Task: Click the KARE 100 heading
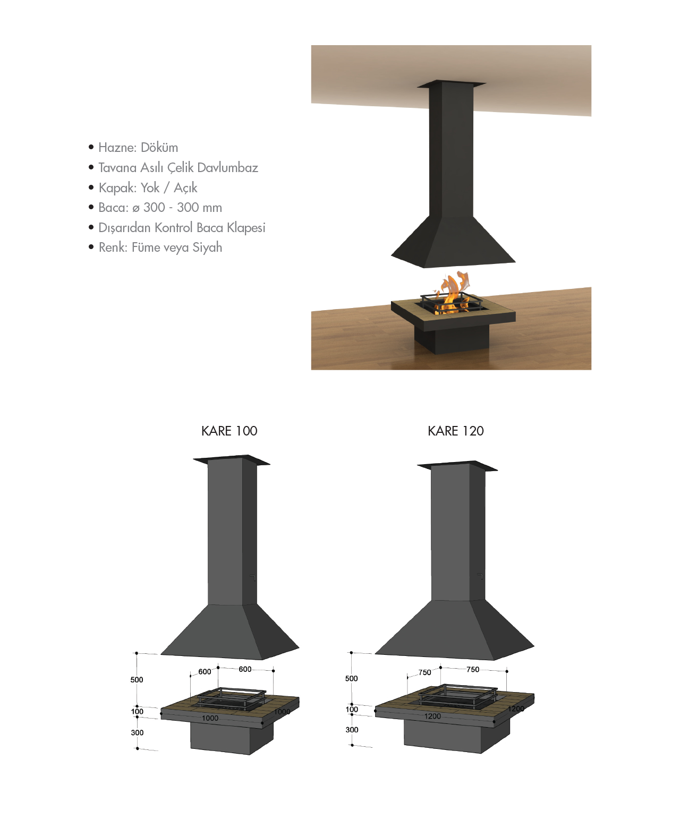coord(229,431)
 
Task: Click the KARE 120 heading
coord(455,431)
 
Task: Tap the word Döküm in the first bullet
coord(159,147)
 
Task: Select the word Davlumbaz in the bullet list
coord(227,168)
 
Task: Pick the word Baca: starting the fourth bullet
coord(114,207)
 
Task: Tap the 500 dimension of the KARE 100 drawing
coord(137,680)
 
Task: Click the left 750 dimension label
coord(424,672)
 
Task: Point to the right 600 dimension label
coord(245,669)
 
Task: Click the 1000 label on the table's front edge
coord(210,718)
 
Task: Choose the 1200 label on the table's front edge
coord(432,716)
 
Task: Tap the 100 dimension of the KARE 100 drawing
coord(137,711)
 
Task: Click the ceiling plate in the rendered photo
coord(452,83)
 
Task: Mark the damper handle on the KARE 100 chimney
coord(253,577)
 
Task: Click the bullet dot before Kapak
coord(91,187)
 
